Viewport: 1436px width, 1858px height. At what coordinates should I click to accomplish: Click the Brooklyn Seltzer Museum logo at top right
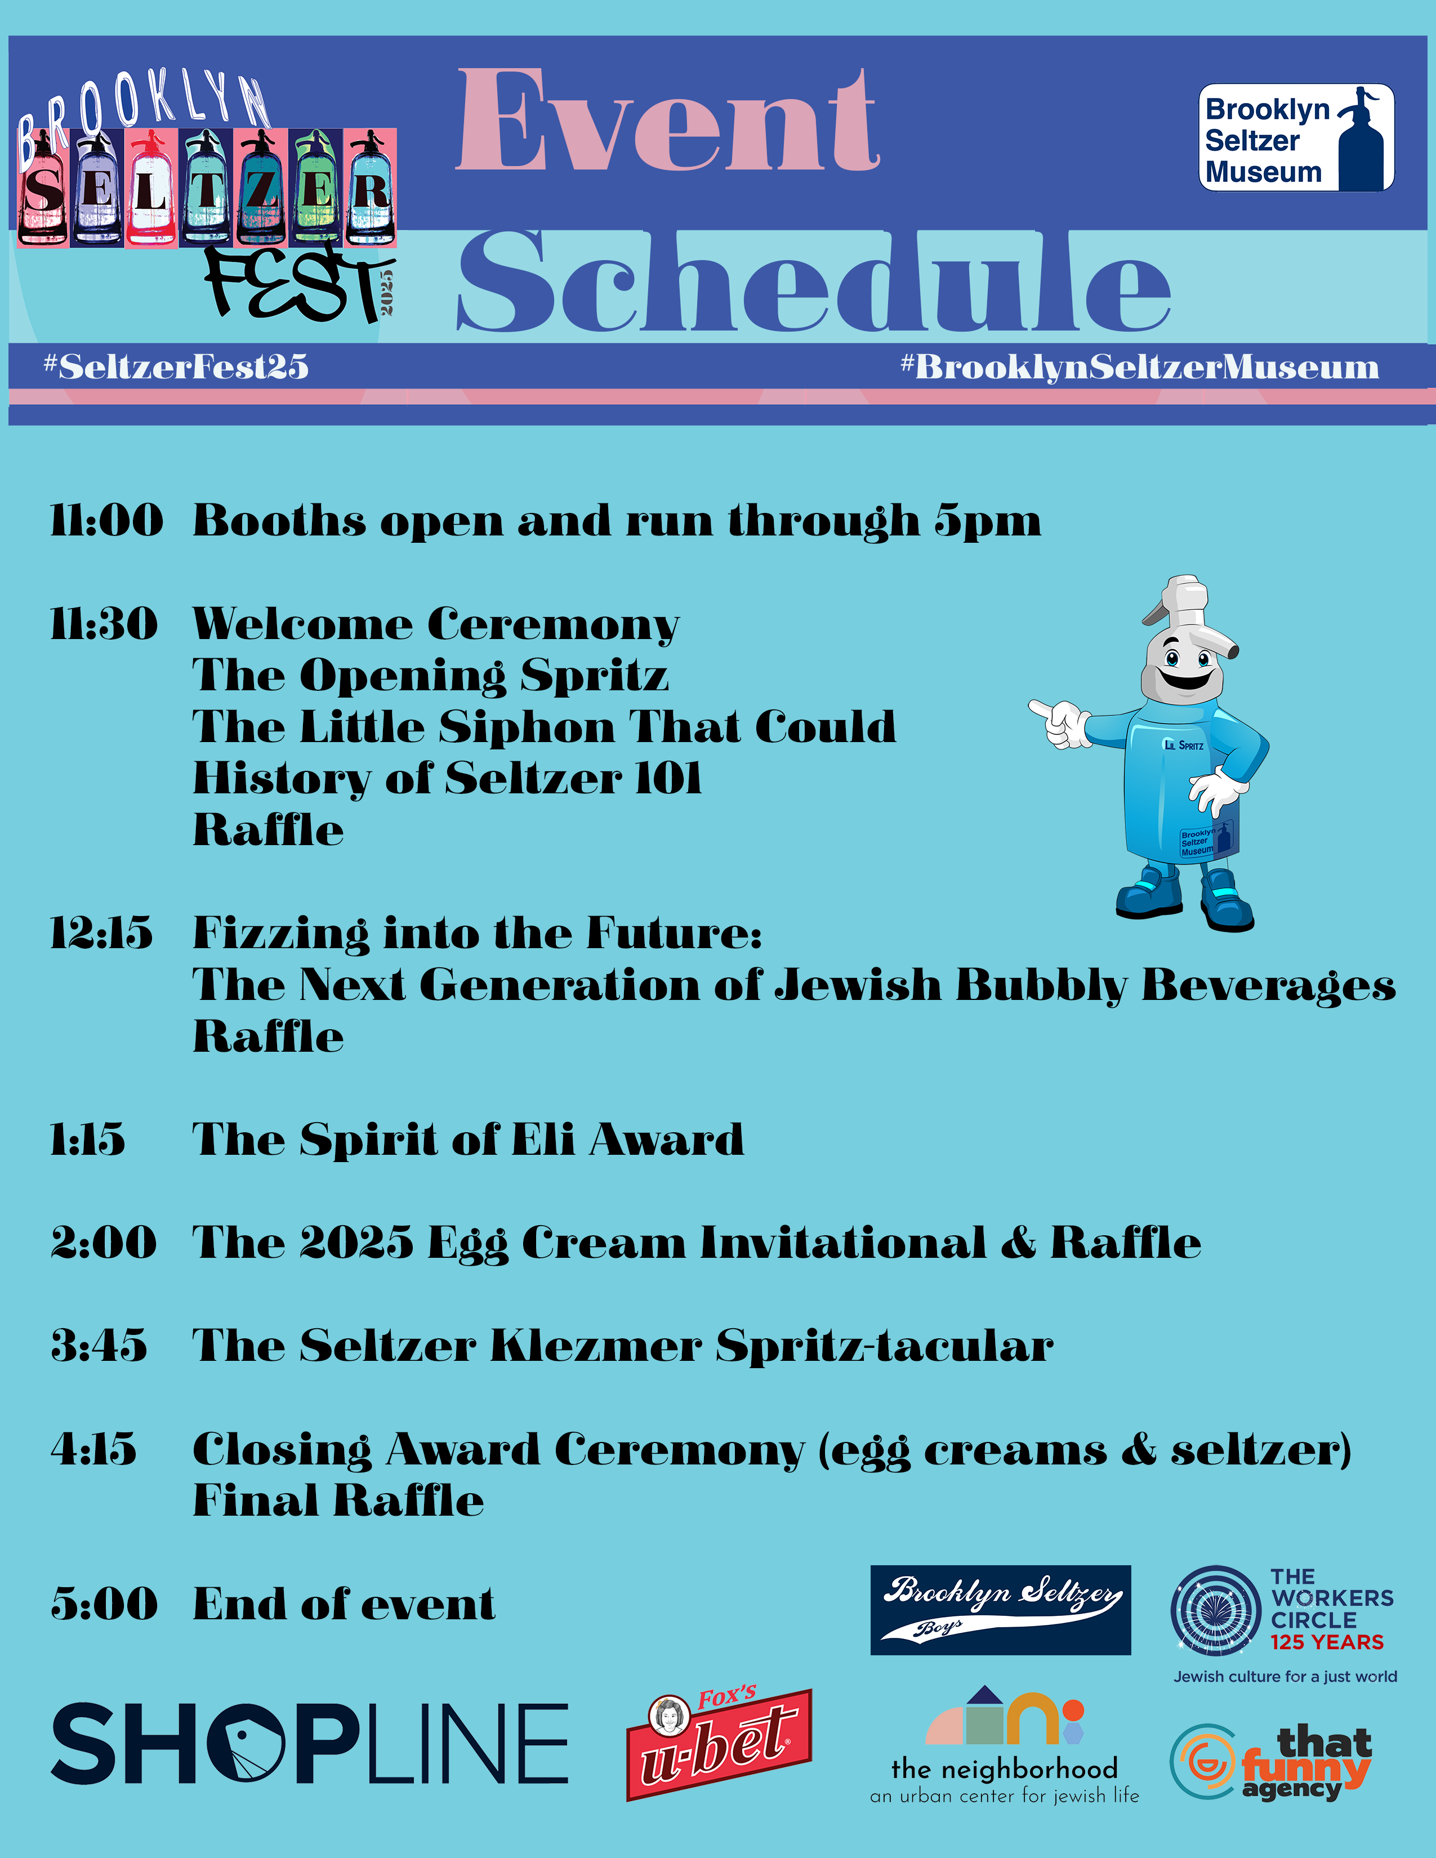[1296, 137]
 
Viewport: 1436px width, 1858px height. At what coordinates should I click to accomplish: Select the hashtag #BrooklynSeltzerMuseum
[1140, 367]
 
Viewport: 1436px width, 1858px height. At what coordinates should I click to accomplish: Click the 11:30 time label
[104, 624]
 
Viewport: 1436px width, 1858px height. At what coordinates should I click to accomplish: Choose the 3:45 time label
[99, 1345]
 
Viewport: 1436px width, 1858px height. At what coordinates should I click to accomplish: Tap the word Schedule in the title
[814, 281]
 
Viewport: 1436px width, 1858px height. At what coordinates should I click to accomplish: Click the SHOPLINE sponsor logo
[310, 1743]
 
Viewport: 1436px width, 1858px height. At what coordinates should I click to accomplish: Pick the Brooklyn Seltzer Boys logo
[1001, 1610]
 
